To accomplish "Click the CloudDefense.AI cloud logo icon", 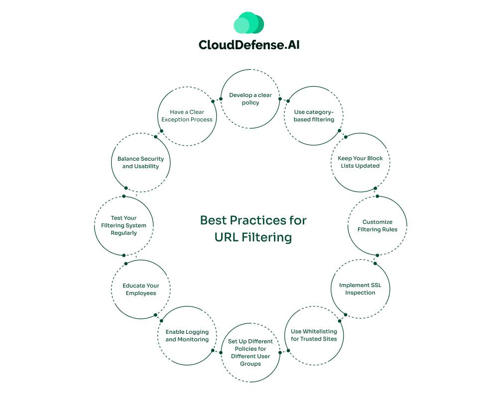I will [249, 23].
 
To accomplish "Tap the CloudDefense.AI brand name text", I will [249, 45].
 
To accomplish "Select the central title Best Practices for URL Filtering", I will [253, 228].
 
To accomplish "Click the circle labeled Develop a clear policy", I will [250, 99].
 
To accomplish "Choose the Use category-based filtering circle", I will [314, 116].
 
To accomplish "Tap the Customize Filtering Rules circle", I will [377, 225].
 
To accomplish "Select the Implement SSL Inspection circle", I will [360, 289].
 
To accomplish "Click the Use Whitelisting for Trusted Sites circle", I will [314, 335].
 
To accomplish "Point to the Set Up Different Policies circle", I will [250, 352].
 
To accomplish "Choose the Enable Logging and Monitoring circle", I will [187, 335].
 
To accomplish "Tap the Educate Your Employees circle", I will [140, 289].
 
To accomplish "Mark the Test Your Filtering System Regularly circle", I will [124, 225].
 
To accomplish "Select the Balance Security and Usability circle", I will [140, 162].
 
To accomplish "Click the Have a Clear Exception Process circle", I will [187, 116].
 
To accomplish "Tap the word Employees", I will [140, 293].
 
